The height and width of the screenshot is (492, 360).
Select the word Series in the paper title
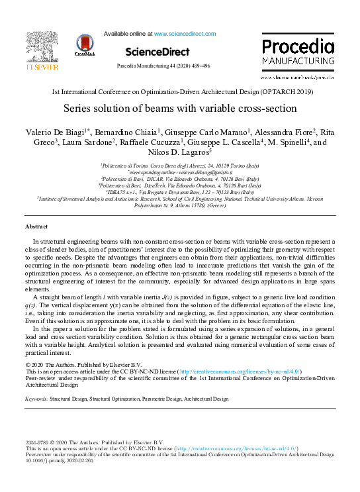[x=79, y=108]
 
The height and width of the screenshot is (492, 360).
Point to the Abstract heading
[x=36, y=226]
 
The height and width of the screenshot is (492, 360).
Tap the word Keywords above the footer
[x=37, y=399]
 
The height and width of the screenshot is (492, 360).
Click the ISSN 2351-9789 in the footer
[x=37, y=442]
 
